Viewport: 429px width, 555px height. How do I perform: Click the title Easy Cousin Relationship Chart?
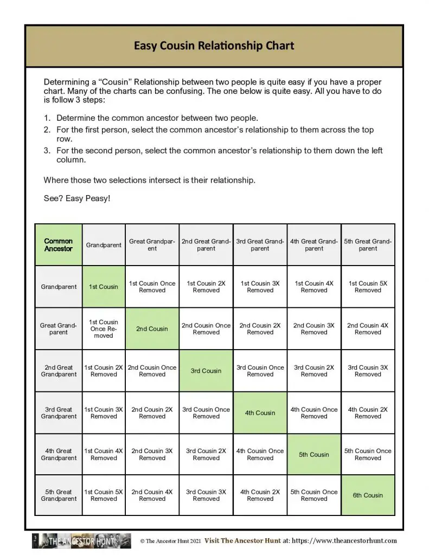(x=214, y=46)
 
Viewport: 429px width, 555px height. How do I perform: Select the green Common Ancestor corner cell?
(x=59, y=245)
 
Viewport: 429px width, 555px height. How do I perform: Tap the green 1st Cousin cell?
(x=104, y=287)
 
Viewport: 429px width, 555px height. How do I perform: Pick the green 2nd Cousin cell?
(x=152, y=329)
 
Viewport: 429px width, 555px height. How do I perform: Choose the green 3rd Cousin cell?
(x=206, y=371)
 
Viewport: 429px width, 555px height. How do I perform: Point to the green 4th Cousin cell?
(x=260, y=413)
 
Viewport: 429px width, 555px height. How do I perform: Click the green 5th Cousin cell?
(x=314, y=455)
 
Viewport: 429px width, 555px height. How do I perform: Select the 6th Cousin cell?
(x=368, y=495)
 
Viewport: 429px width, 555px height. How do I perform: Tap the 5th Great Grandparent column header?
(x=368, y=245)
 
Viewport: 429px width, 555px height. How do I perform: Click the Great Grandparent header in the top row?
(x=152, y=245)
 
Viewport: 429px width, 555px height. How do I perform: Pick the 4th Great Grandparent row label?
(x=59, y=455)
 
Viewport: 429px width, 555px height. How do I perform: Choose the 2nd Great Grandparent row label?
(x=59, y=371)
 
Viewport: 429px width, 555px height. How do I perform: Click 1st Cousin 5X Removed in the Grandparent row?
(x=368, y=287)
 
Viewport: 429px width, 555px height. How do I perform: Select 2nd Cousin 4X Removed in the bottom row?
(x=152, y=495)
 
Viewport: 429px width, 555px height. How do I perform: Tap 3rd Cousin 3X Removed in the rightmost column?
(x=368, y=371)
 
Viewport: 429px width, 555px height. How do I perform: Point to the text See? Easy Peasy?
(x=76, y=198)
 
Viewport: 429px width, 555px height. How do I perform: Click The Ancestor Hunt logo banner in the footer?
(x=81, y=541)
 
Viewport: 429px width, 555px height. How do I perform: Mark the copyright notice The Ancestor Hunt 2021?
(x=170, y=541)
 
